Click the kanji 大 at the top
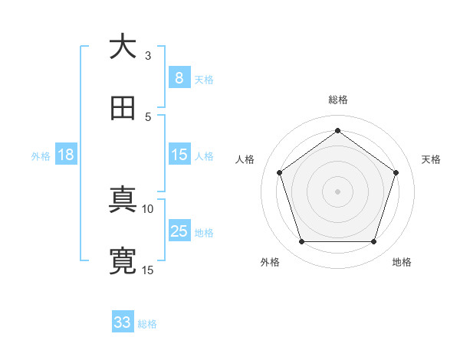pyautogui.click(x=122, y=47)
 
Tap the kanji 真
pyautogui.click(x=122, y=201)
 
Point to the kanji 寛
pyautogui.click(x=122, y=261)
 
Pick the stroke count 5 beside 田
pyautogui.click(x=147, y=116)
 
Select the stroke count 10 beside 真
pyautogui.click(x=148, y=208)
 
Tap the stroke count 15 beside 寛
pyautogui.click(x=148, y=270)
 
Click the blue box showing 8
pyautogui.click(x=179, y=77)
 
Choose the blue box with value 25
pyautogui.click(x=179, y=231)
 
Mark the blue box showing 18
pyautogui.click(x=66, y=155)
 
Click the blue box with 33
pyautogui.click(x=122, y=322)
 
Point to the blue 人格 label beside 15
pyautogui.click(x=204, y=155)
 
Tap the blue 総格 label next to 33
pyautogui.click(x=147, y=324)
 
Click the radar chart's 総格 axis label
pyautogui.click(x=337, y=100)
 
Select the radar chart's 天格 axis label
pyautogui.click(x=431, y=159)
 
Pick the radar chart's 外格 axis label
pyautogui.click(x=270, y=263)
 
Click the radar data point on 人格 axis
pyautogui.click(x=279, y=172)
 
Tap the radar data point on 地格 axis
pyautogui.click(x=373, y=241)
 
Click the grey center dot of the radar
pyautogui.click(x=337, y=191)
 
